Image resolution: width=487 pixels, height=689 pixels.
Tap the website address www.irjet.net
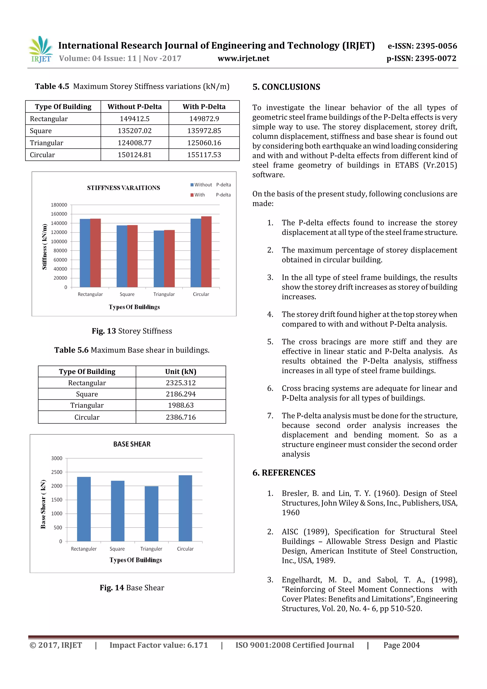[x=243, y=58]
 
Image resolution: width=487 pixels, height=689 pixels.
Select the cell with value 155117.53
[x=204, y=155]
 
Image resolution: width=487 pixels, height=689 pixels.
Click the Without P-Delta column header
[x=134, y=107]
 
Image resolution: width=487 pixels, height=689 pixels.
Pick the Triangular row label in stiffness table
[x=47, y=143]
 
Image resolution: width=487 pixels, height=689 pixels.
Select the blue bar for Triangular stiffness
[x=159, y=259]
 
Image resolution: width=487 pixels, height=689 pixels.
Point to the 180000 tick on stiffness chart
[x=59, y=205]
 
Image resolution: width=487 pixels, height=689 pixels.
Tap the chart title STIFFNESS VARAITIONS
[x=123, y=188]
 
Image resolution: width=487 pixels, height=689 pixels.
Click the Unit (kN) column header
[x=181, y=371]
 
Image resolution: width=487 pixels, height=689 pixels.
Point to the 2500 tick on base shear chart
[x=57, y=472]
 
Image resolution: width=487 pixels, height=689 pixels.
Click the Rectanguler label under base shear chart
[x=84, y=549]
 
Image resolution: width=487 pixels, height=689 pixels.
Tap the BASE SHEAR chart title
[x=132, y=444]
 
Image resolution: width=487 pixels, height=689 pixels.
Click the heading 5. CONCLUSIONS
[x=286, y=87]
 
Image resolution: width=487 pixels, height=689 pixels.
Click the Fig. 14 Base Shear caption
[x=132, y=588]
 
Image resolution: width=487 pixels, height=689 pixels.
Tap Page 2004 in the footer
[x=401, y=645]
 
